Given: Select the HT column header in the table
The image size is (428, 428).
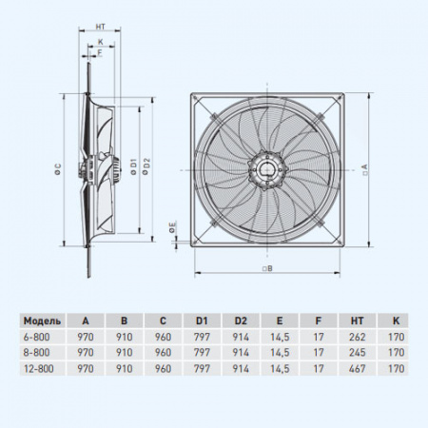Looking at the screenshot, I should (x=357, y=321).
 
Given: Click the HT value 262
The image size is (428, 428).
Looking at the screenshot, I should (x=357, y=336).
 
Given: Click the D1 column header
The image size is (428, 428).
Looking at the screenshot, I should (x=200, y=321).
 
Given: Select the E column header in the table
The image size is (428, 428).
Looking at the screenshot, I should (x=278, y=321).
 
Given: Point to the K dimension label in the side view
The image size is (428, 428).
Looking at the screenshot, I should (x=100, y=42).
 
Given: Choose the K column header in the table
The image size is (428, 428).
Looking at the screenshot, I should (x=396, y=321).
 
